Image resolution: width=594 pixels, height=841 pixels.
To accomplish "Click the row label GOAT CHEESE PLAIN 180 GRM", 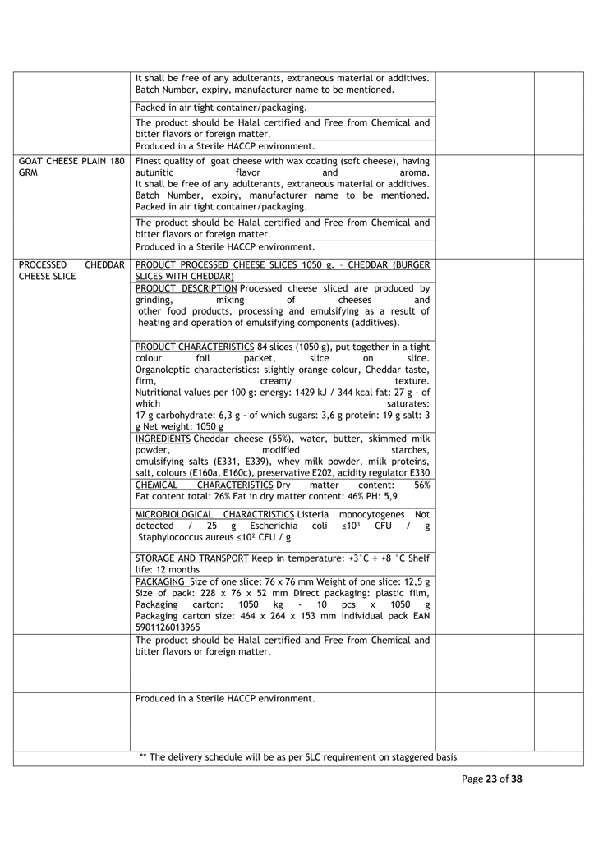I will tap(71, 167).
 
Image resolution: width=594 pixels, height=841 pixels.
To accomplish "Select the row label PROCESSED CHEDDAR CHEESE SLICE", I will tap(71, 271).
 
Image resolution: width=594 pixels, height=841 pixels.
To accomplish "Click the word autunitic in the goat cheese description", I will tap(154, 173).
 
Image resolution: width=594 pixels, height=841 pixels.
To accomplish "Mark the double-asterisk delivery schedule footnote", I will tap(298, 756).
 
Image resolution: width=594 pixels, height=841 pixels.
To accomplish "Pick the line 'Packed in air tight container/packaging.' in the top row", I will tap(221, 108).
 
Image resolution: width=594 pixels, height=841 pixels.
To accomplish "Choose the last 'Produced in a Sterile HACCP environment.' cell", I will tap(224, 699).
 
